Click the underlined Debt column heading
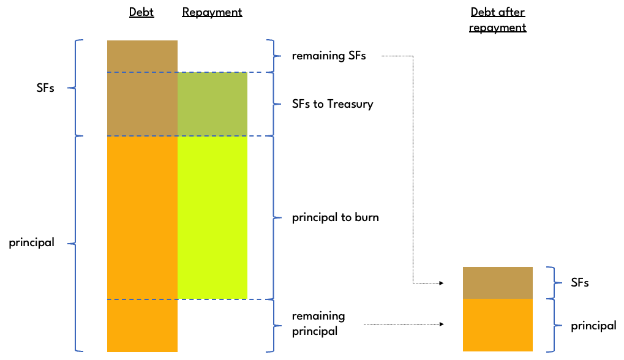141,12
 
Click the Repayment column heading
212,12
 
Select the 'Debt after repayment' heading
498,20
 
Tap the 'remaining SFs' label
329,56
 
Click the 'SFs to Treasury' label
333,103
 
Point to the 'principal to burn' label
335,217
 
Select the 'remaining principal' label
318,323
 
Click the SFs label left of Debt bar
45,88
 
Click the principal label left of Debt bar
31,242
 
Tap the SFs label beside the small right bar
580,283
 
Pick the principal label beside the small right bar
593,326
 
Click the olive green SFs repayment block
212,103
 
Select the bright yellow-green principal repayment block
212,217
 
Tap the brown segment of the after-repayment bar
497,282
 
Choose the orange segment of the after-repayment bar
497,324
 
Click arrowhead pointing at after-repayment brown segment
441,283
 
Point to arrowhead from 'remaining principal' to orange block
441,324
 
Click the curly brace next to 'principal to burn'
272,217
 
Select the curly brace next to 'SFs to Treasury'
272,103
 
